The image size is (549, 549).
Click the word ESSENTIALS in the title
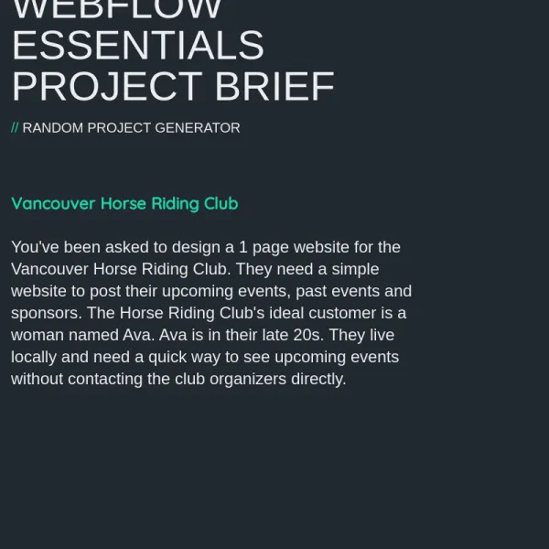138,45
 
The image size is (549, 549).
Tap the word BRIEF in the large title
274,86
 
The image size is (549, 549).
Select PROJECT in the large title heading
107,86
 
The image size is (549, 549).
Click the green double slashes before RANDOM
15,128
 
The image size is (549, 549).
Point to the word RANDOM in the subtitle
53,128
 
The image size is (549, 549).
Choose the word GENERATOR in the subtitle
198,128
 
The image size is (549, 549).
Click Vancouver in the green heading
53,203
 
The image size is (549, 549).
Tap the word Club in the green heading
221,203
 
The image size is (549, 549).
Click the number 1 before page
243,247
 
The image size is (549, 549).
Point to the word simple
355,270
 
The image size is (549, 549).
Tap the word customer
342,313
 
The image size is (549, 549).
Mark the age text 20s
308,335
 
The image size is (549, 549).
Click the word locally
34,358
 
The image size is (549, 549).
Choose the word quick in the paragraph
167,358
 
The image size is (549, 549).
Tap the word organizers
248,380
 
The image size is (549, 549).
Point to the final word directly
318,380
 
